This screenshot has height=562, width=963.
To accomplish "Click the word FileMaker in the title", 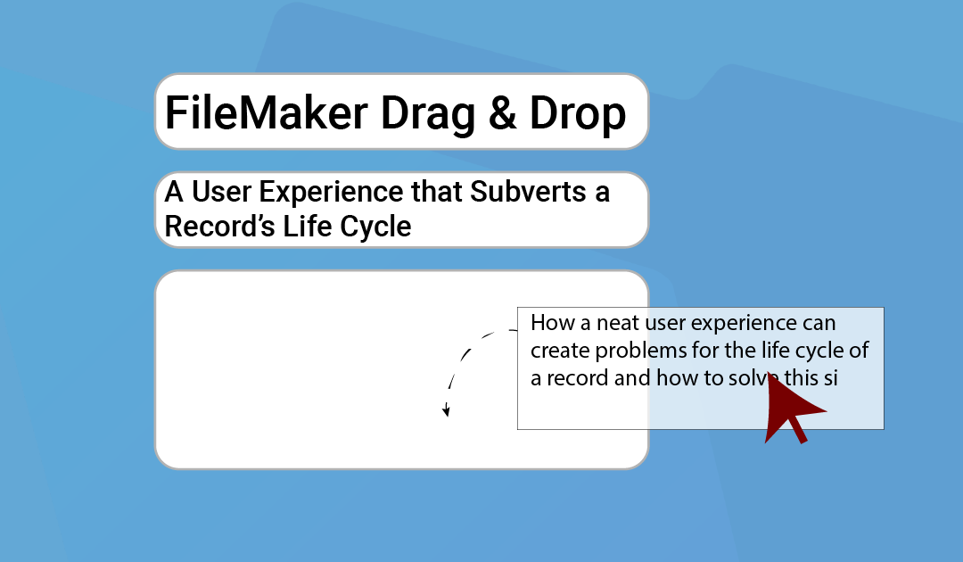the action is point(266,113).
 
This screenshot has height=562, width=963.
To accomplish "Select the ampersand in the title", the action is point(502,113).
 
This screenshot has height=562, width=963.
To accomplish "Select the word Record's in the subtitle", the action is point(219,226).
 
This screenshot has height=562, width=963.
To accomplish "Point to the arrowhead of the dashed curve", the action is point(447,411).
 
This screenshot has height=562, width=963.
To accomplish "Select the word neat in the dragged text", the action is point(619,323).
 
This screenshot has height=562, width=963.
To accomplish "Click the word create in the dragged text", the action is point(560,351).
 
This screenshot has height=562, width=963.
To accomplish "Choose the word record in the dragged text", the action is point(577,377).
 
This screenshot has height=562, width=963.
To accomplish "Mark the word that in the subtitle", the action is point(437,191).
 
